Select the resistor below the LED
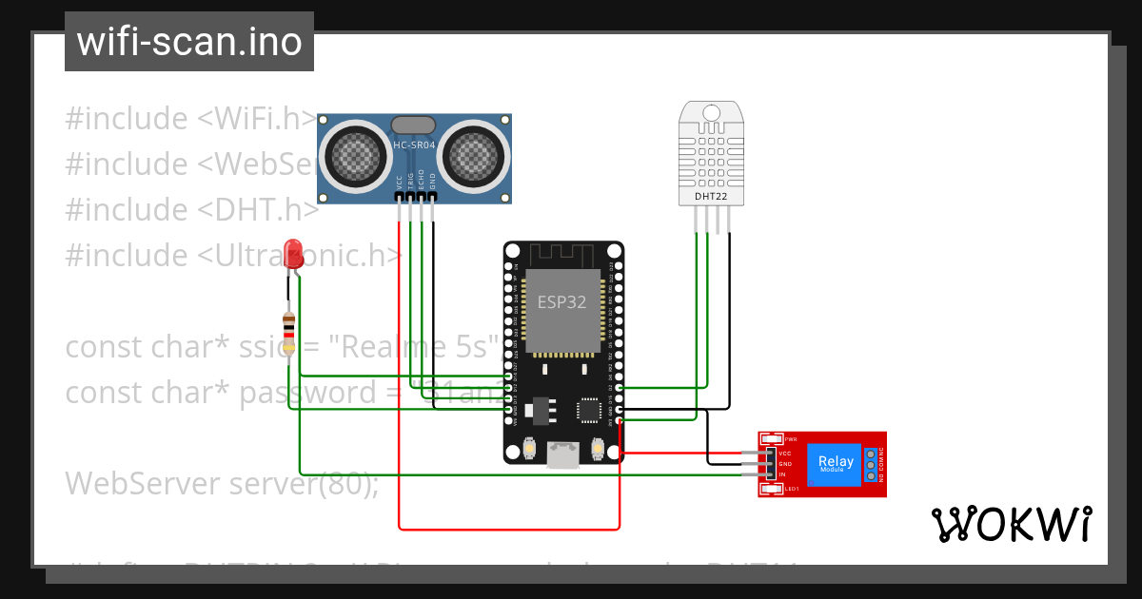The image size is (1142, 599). click(289, 327)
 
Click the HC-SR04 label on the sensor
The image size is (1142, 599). click(414, 145)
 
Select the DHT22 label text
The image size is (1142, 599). click(712, 197)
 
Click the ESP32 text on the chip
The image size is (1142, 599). click(561, 302)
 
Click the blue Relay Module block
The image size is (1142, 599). click(836, 463)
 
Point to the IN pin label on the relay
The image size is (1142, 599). click(782, 473)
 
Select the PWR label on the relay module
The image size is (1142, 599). click(791, 439)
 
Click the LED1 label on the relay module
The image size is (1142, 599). click(791, 489)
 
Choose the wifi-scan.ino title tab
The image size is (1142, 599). click(189, 42)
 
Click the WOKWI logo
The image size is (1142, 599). click(1011, 524)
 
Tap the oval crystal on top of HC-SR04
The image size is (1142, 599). click(414, 124)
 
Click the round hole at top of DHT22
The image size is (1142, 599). click(712, 112)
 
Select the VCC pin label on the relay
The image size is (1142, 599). click(785, 454)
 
